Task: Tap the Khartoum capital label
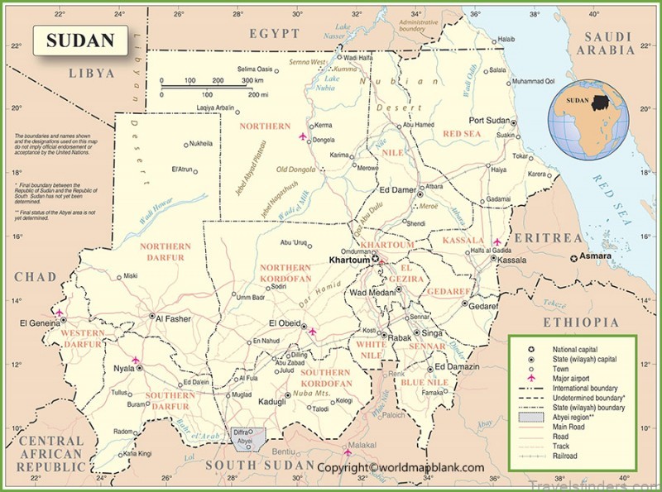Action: tap(348, 260)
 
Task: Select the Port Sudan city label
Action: tap(488, 120)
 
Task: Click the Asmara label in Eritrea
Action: tap(596, 256)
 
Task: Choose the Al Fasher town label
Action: tap(174, 317)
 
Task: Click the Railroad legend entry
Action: tap(563, 455)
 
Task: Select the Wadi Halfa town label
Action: tap(358, 58)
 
